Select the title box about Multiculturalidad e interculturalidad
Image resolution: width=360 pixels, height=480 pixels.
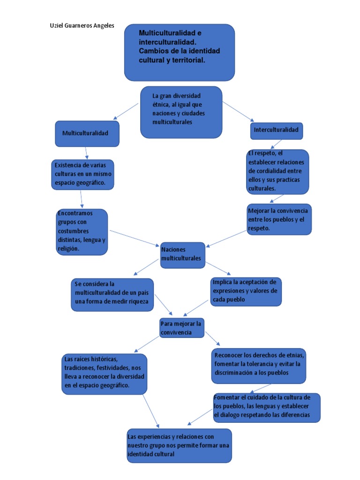coord(179,52)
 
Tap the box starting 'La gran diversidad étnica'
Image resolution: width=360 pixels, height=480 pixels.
coord(181,112)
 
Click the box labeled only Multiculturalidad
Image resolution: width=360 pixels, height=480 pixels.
coord(87,133)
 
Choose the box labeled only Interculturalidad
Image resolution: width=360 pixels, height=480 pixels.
coord(276,130)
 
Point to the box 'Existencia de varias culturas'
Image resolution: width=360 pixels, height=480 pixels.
coord(82,174)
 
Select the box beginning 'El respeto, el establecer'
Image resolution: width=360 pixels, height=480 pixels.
coord(278,172)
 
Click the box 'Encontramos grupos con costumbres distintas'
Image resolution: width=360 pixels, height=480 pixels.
coord(82,232)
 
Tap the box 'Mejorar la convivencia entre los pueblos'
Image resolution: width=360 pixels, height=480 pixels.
coord(279,219)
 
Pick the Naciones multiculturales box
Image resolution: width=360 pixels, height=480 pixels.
coord(182,255)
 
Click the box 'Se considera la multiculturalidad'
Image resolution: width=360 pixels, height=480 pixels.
coord(112,294)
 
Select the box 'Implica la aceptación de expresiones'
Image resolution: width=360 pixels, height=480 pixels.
coord(246,292)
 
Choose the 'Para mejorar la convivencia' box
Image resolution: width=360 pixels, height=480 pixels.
coord(182,328)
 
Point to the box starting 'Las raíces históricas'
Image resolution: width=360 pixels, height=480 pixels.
coord(105,374)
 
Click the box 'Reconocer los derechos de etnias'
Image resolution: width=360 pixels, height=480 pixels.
coord(259,366)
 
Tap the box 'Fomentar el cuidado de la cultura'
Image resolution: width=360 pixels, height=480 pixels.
coord(267,407)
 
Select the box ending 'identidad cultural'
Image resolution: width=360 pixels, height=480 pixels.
coord(179,445)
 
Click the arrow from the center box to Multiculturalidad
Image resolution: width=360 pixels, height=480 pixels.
coord(126,111)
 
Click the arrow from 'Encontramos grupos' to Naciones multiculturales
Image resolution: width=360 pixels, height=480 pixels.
coord(135,238)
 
